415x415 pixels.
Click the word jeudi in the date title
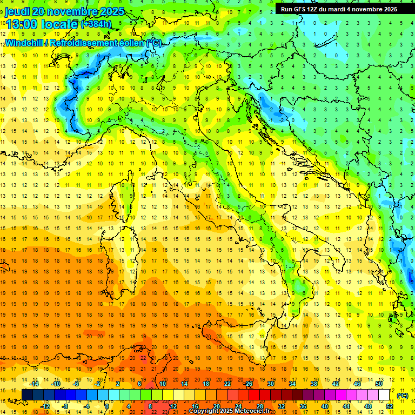click(x=17, y=11)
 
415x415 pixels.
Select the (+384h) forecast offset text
click(x=96, y=24)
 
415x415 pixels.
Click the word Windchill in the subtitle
click(x=24, y=43)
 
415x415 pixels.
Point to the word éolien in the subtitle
click(x=127, y=43)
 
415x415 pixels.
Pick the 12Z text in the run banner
click(x=315, y=9)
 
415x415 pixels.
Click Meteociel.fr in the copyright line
click(x=248, y=411)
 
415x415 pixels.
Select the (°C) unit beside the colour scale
click(x=402, y=395)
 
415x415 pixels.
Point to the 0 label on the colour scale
click(x=107, y=406)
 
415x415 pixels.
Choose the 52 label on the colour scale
click(x=390, y=406)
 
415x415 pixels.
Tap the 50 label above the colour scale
click(x=379, y=384)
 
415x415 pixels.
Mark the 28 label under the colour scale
click(x=259, y=406)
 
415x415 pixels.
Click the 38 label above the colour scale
click(x=313, y=384)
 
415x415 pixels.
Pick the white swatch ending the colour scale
click(x=384, y=395)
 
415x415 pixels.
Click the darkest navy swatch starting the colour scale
click(x=27, y=395)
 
